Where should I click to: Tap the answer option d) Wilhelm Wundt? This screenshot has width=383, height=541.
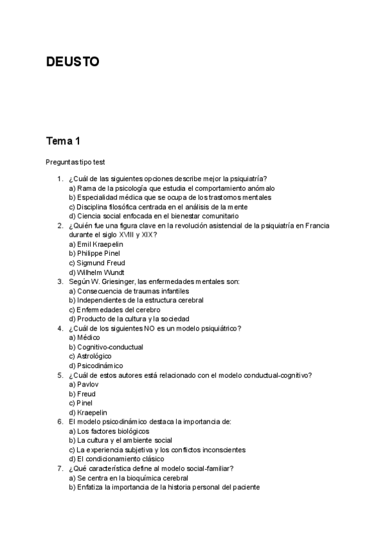(96, 272)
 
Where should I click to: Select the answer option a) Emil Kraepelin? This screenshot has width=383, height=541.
(96, 244)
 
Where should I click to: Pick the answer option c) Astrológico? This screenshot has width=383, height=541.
(90, 356)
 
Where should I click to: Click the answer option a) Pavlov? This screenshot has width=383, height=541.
(84, 385)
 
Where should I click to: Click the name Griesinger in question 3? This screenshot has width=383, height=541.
(116, 281)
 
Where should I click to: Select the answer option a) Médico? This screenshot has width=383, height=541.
(84, 337)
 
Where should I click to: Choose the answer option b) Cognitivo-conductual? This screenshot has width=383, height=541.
(105, 347)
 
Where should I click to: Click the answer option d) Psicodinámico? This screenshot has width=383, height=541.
(96, 366)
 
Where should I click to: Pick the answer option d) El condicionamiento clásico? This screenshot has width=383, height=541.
(116, 459)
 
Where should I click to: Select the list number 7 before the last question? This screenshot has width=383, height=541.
(59, 468)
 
